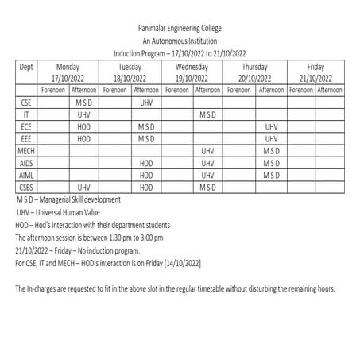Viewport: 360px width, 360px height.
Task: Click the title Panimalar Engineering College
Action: [x=180, y=27]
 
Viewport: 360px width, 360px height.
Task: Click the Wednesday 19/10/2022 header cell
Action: [x=192, y=73]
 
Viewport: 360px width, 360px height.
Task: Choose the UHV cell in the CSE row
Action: [x=145, y=103]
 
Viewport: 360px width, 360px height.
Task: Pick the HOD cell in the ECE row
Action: [x=83, y=126]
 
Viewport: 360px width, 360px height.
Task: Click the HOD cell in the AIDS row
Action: [x=145, y=162]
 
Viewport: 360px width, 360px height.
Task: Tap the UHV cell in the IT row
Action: [x=83, y=114]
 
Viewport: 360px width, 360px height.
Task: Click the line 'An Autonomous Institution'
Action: [x=180, y=40]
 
